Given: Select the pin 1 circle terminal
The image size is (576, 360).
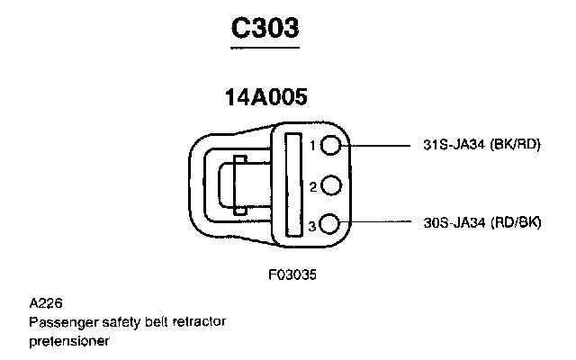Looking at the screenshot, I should point(331,145).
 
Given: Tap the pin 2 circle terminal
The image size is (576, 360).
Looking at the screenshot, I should point(331,186).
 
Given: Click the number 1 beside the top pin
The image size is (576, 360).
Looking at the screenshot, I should point(312,146).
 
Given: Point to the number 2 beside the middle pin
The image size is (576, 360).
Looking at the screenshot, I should point(312,187).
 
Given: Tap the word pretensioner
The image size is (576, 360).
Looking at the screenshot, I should point(68,341).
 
